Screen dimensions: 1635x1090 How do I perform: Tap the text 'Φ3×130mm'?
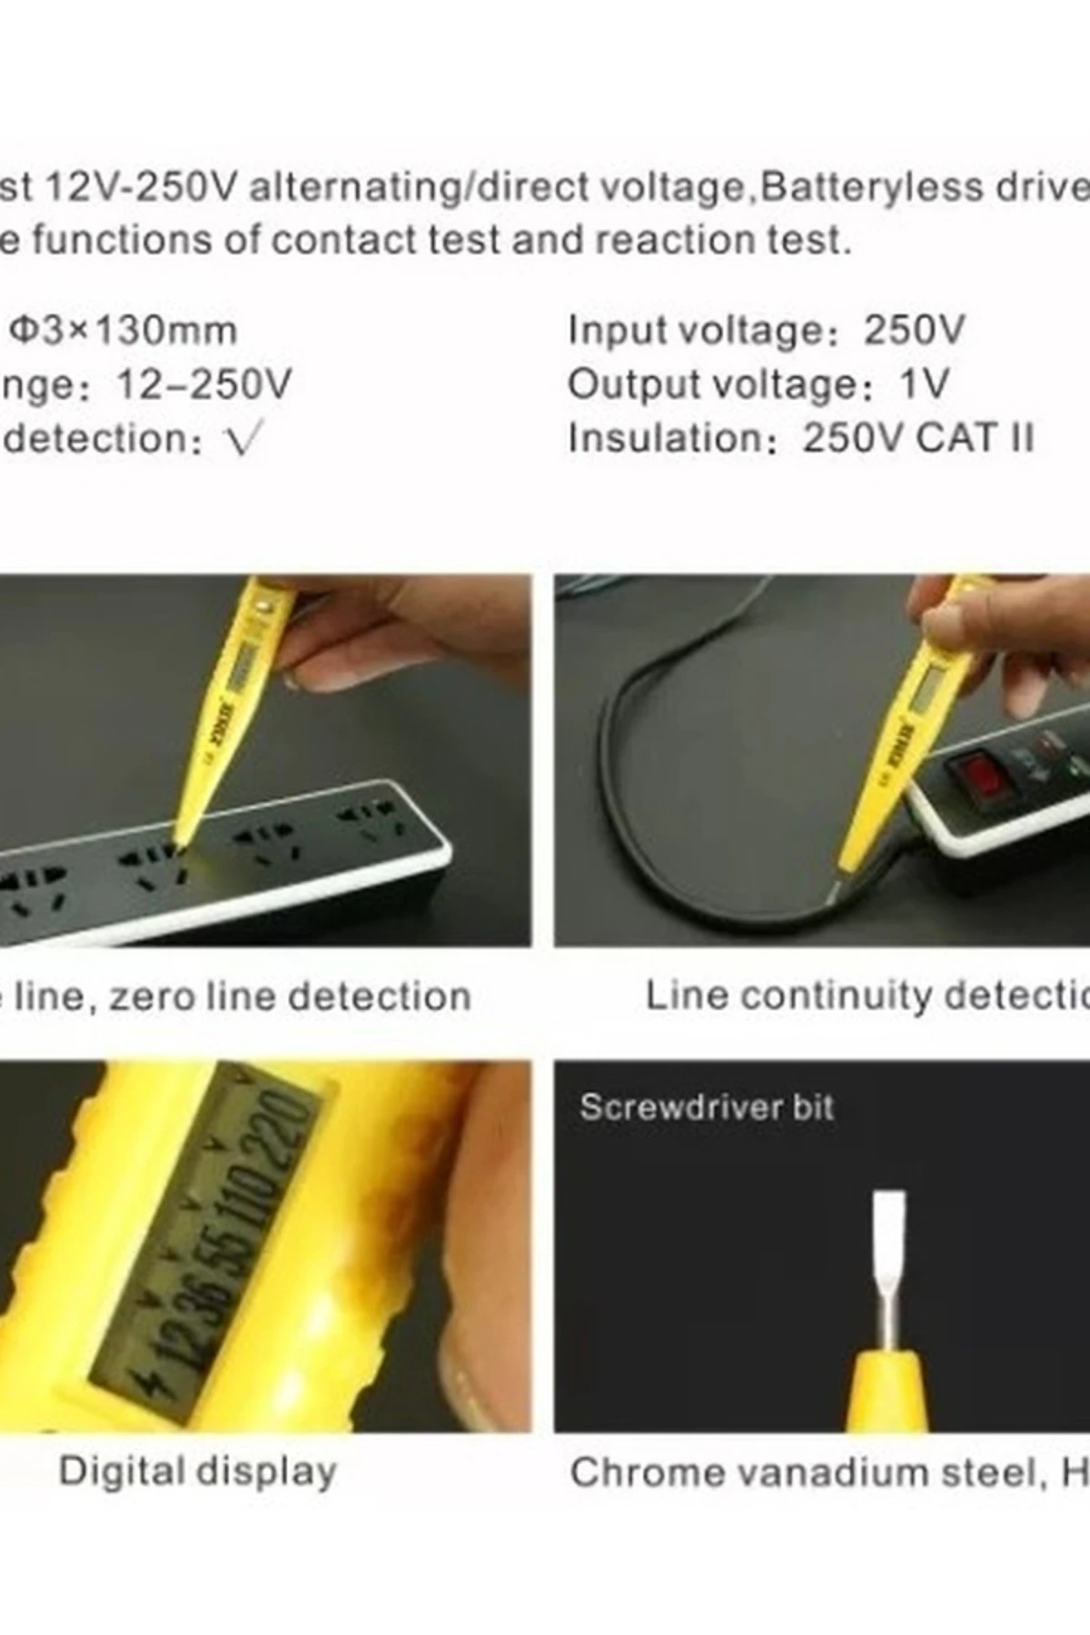click(124, 331)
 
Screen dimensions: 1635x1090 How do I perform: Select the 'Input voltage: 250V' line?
click(766, 331)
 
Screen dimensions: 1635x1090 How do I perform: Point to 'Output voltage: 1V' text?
click(758, 384)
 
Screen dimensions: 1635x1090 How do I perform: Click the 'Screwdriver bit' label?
click(707, 1107)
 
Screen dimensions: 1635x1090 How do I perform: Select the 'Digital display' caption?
click(197, 1471)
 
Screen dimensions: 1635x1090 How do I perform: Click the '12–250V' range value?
click(204, 385)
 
